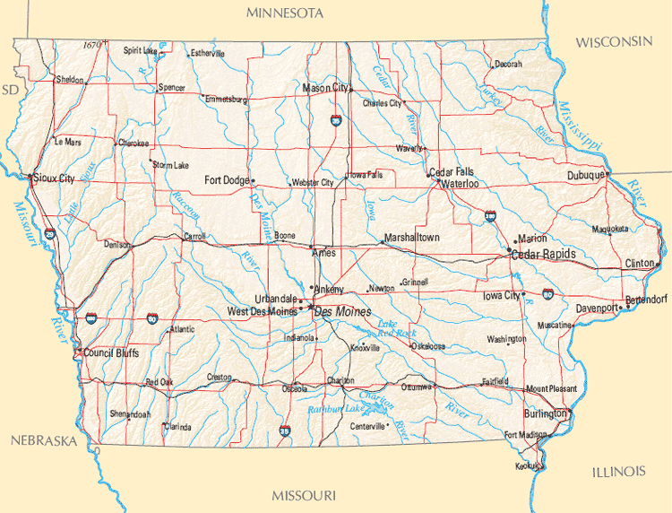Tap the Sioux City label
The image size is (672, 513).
tap(55, 178)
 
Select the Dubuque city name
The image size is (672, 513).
tap(585, 176)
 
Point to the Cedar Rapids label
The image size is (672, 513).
tap(543, 255)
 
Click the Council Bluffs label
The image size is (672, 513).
tap(110, 353)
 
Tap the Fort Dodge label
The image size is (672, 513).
tap(227, 180)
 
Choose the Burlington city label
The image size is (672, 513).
tap(545, 414)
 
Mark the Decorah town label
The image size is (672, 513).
tap(508, 65)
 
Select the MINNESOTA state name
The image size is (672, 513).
tap(285, 13)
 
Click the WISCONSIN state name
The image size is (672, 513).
tap(614, 42)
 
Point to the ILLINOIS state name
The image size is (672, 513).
tap(618, 471)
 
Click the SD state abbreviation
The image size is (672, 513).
tap(10, 90)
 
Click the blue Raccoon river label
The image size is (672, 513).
tap(185, 208)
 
